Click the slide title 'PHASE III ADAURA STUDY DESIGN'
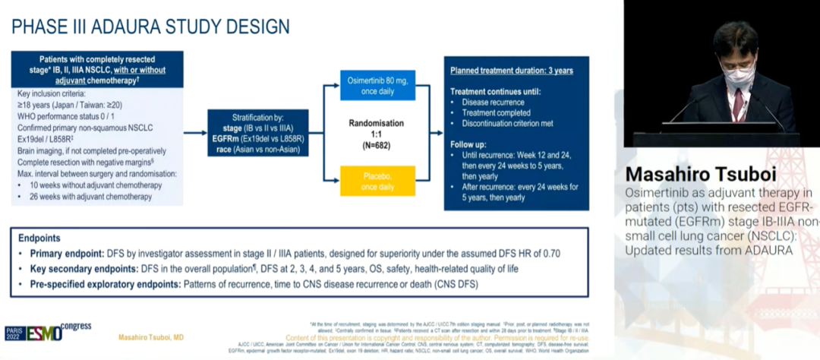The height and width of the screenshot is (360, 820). click(x=150, y=27)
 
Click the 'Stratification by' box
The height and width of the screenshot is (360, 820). click(x=257, y=133)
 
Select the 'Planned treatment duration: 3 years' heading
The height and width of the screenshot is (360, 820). click(x=512, y=71)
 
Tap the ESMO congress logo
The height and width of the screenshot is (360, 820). click(x=47, y=332)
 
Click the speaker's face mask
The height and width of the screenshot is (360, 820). click(x=736, y=74)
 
